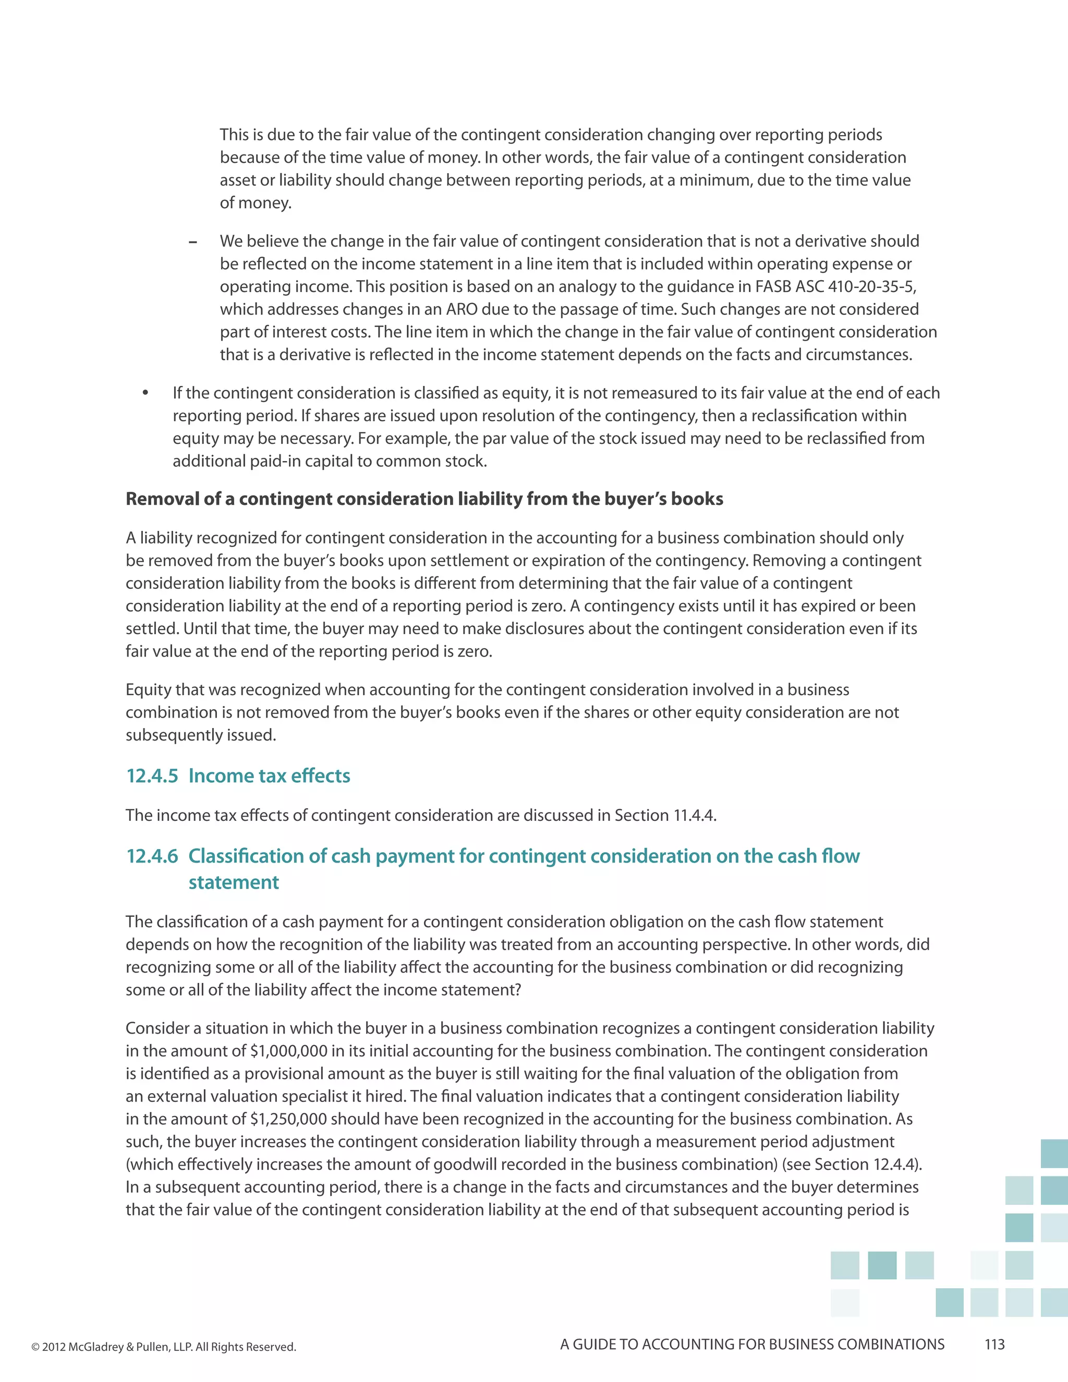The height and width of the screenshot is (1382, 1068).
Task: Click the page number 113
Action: coord(994,1344)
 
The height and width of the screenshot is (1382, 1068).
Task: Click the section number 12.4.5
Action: coord(152,776)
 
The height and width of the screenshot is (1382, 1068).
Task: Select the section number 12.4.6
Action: coord(152,856)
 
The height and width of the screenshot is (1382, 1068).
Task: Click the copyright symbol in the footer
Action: coord(35,1347)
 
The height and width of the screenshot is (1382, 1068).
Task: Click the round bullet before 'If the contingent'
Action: coord(145,393)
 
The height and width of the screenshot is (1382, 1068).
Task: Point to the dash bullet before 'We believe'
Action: coord(192,243)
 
